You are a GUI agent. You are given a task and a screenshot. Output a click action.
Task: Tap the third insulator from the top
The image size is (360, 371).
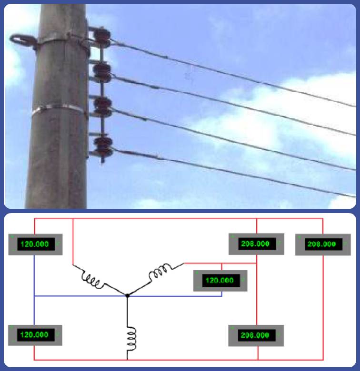[102, 107]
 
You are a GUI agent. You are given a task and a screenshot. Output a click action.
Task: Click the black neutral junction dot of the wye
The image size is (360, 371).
[127, 295]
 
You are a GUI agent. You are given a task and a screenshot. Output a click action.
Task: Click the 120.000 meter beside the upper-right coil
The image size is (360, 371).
[220, 280]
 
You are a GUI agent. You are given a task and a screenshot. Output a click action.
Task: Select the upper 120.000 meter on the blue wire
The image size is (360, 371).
[35, 244]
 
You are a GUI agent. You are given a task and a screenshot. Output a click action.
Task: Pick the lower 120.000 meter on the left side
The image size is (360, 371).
[35, 335]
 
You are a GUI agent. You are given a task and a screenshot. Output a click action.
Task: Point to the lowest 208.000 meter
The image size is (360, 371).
[256, 335]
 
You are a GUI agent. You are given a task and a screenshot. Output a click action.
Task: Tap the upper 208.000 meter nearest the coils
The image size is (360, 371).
[256, 244]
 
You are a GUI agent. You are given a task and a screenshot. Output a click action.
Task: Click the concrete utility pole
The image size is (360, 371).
[55, 157]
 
